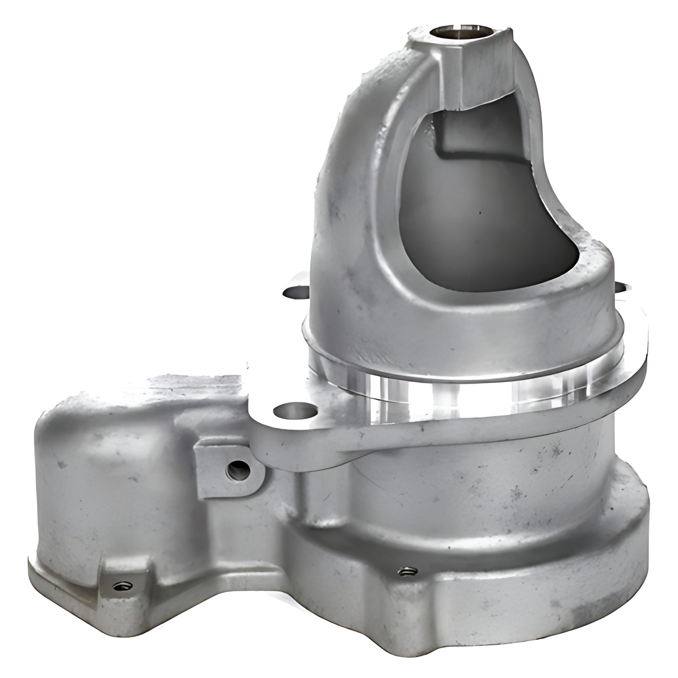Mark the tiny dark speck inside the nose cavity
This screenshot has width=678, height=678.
click(480, 211)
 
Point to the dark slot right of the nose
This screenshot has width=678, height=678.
click(621, 287)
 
